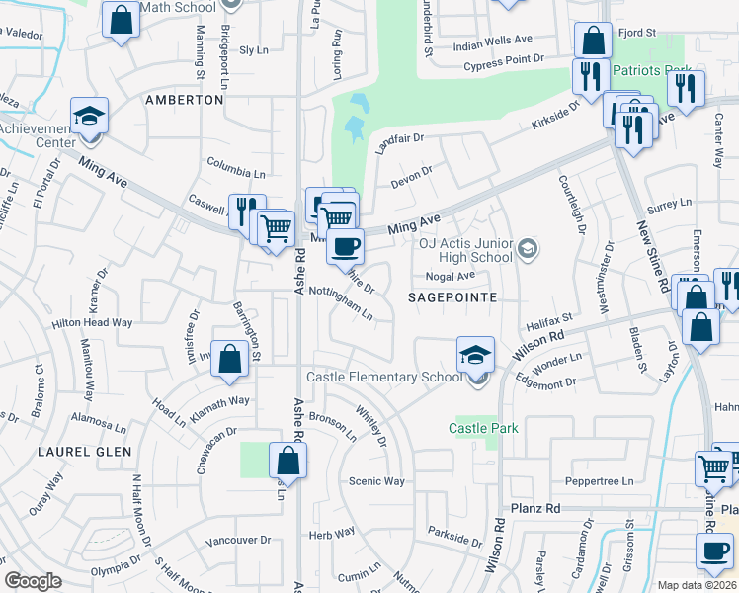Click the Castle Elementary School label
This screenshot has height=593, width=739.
coord(384,377)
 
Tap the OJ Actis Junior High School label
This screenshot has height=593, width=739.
coord(465,251)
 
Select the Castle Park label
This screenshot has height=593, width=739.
coord(483,428)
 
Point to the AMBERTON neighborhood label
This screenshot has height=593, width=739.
coord(184,100)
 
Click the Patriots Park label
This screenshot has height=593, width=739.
coord(651,71)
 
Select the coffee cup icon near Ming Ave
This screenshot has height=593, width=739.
coord(345,245)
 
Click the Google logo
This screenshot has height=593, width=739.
coord(33,581)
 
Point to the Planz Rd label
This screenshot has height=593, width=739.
coord(535,508)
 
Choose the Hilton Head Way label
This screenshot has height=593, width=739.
coord(92,322)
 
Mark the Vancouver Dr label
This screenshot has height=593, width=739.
coord(238,541)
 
